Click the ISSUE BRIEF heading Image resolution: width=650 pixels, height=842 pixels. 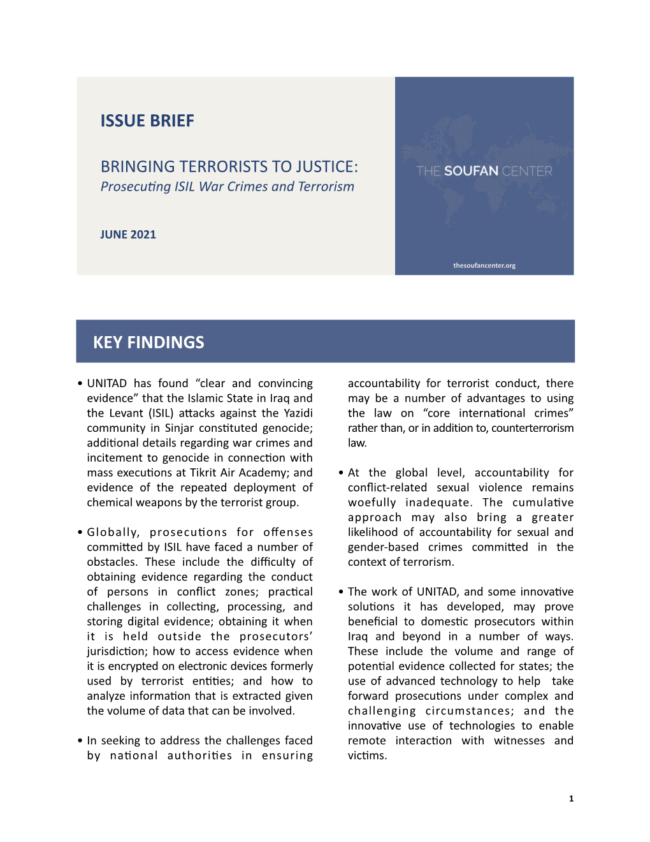147,121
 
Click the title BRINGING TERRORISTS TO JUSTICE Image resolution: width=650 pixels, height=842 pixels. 229,166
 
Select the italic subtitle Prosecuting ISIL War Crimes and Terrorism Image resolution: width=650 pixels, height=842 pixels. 227,187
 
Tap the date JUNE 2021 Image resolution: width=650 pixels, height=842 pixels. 127,235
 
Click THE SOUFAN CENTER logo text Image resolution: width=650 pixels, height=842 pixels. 484,171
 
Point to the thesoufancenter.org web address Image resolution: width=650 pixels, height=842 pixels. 484,265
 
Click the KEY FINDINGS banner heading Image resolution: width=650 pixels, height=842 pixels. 148,343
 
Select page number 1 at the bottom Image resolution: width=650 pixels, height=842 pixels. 571,799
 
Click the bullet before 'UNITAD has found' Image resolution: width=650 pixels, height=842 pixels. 80,384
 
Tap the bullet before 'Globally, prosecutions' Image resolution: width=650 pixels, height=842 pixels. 80,533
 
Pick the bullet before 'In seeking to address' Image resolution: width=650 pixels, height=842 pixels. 80,741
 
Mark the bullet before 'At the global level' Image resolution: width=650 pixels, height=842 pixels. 341,473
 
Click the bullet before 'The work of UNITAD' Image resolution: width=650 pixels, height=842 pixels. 341,593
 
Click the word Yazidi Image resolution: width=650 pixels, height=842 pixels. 298,413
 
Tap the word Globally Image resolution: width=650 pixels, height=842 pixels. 113,532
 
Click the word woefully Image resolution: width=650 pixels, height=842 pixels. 372,503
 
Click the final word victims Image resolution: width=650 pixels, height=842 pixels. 367,756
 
